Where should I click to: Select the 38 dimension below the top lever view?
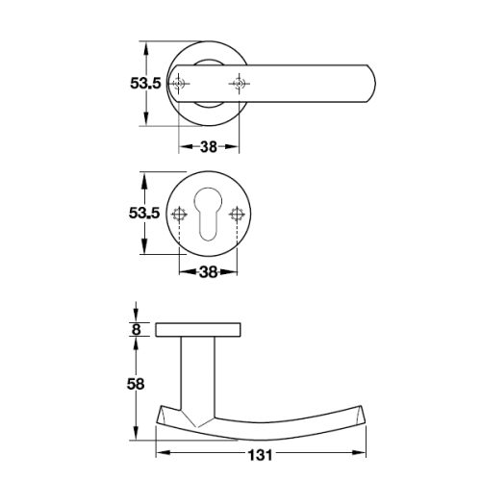coord(208,147)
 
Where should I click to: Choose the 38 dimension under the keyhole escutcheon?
coord(208,272)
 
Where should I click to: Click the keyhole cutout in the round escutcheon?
coord(209,216)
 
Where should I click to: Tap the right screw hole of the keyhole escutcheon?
coord(237,214)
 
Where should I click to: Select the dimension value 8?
coord(137,329)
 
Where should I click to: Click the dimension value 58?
coord(136,384)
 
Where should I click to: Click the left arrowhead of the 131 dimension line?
coord(160,452)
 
